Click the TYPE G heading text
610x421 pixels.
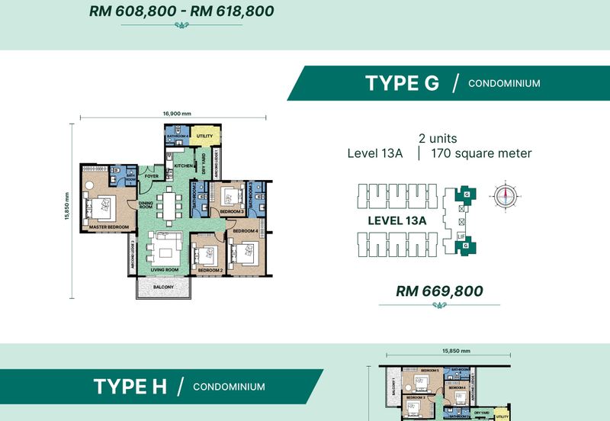402,83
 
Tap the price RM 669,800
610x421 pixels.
440,291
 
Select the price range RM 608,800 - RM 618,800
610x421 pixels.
181,11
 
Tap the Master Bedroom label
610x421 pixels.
108,227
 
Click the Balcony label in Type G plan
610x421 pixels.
163,287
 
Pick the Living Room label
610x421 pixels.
164,270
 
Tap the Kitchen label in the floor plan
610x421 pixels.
183,166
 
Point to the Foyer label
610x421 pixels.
152,176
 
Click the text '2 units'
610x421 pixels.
438,139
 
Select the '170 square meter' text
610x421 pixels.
481,153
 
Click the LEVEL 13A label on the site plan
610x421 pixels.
396,220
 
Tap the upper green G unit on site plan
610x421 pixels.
465,194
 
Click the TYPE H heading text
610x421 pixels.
130,387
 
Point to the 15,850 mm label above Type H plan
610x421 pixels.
455,352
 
